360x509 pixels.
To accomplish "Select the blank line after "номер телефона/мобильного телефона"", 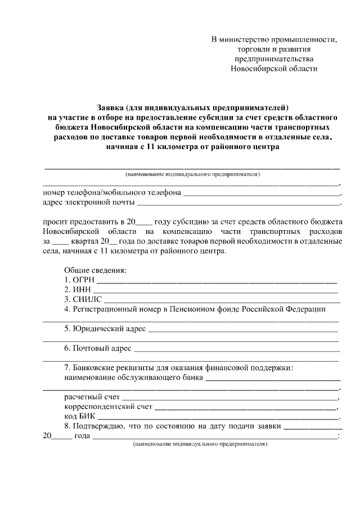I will click(x=262, y=194).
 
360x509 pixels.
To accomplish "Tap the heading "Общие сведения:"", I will click(x=95, y=269).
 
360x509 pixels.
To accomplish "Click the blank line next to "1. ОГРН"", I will click(x=218, y=280).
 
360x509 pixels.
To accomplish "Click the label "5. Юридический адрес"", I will click(x=105, y=328).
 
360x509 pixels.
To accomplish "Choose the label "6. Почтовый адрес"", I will click(x=98, y=349).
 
